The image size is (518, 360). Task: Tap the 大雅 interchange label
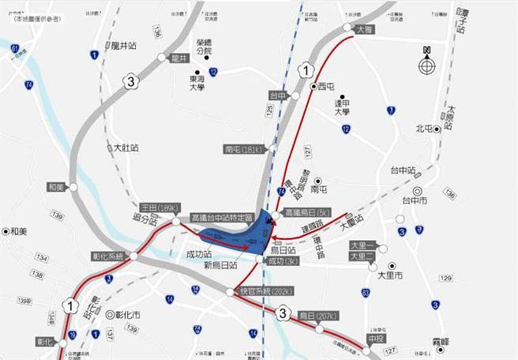(x=363, y=29)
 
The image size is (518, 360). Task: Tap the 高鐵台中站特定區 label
(x=222, y=217)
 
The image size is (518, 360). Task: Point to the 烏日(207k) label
(x=317, y=316)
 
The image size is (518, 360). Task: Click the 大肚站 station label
(x=123, y=148)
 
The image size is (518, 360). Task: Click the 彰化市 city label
(x=127, y=314)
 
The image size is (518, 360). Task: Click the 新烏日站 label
(x=222, y=266)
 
